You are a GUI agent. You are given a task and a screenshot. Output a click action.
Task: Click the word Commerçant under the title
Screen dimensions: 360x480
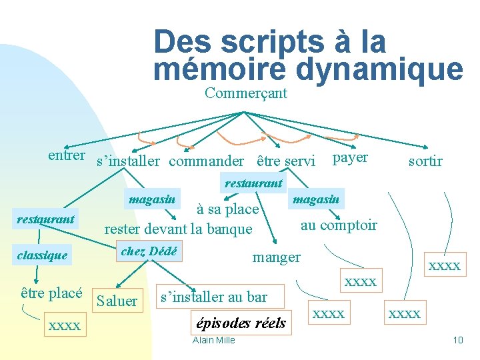[x=246, y=93]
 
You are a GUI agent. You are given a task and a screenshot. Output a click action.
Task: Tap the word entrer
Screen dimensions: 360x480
[x=67, y=155]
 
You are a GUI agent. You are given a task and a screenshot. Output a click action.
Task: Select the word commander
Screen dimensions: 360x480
[x=206, y=161]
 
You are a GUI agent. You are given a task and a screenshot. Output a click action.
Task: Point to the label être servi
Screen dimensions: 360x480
[x=286, y=161]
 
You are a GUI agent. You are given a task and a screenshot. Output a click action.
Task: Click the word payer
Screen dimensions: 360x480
[x=350, y=157]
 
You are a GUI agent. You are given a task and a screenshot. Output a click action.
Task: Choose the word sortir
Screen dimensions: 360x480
[x=425, y=161]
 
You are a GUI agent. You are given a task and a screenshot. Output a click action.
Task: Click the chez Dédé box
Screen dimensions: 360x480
[x=149, y=251]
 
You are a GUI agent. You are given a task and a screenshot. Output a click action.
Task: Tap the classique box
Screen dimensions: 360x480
[x=41, y=255]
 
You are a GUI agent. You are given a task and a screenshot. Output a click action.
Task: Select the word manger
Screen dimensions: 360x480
[x=276, y=257]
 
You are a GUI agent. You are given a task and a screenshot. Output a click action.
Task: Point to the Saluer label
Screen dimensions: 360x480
[x=117, y=301]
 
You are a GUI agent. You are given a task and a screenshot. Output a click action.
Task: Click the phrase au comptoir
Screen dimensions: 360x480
[x=339, y=225]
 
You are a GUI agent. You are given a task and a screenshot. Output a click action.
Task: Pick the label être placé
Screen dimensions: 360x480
[x=51, y=293]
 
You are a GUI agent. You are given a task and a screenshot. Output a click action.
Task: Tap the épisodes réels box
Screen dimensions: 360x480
[x=241, y=323]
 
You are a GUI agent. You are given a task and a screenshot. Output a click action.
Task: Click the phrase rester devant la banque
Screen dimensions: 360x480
[x=178, y=229]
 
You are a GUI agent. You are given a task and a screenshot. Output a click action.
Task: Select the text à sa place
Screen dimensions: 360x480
[x=227, y=209]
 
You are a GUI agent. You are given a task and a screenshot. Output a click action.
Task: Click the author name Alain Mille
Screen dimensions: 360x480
[x=213, y=341]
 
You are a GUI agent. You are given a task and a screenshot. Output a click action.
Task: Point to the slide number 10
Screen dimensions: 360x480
[x=458, y=341]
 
